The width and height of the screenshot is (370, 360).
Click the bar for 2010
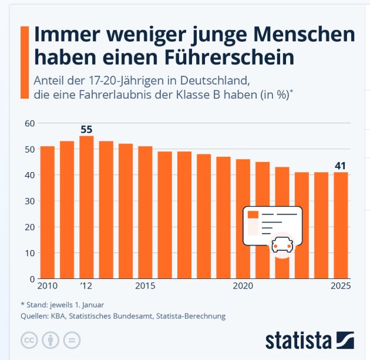(x=47, y=212)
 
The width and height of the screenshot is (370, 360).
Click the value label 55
(x=86, y=129)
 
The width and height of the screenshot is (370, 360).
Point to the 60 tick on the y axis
(x=29, y=123)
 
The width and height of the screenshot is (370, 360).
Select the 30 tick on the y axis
(x=29, y=201)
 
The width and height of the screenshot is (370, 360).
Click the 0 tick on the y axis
(x=32, y=278)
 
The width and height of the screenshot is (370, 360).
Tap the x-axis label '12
(x=86, y=287)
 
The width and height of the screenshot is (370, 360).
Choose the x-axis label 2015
(x=145, y=287)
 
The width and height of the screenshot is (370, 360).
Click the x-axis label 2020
(x=243, y=287)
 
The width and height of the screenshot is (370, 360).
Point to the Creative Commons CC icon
(x=29, y=340)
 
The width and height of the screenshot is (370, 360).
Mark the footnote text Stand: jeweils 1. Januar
(x=62, y=304)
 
